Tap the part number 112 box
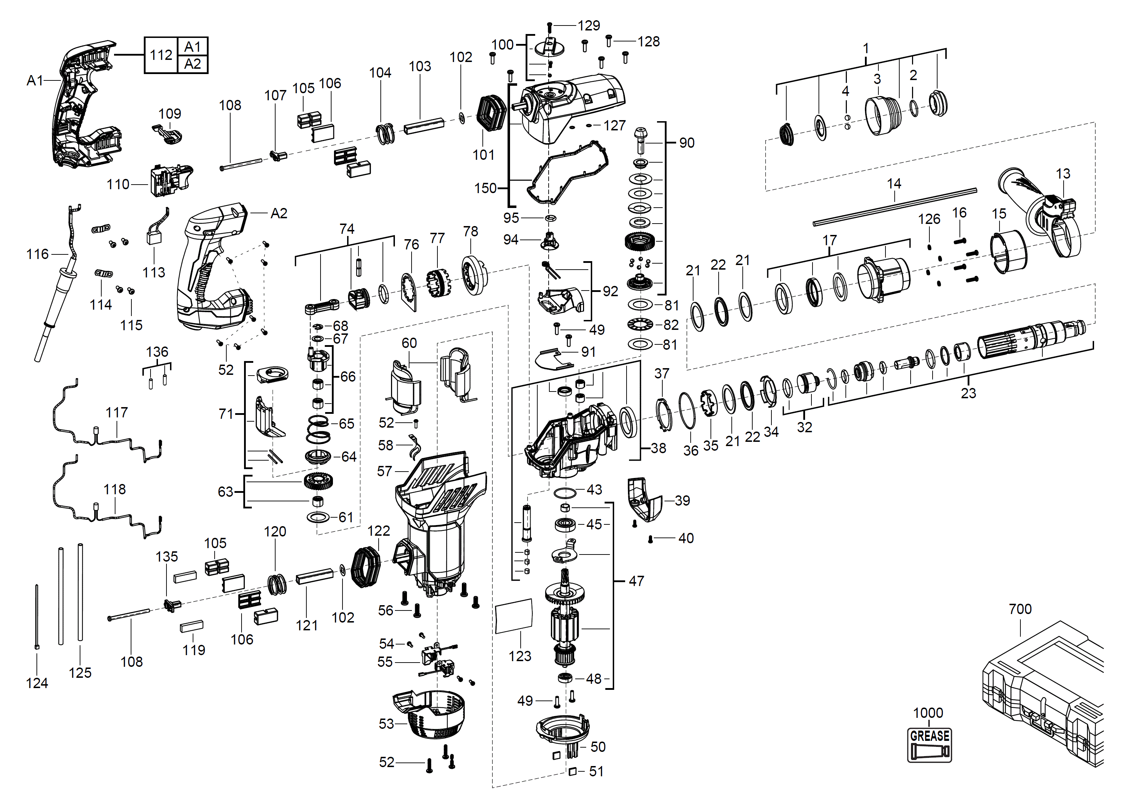tap(161, 55)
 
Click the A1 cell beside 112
tap(192, 47)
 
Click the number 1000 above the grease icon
tap(928, 713)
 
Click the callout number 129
tap(589, 25)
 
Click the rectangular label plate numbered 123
tap(514, 616)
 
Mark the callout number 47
tap(636, 581)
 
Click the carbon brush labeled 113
tap(155, 236)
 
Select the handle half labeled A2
tap(211, 268)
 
